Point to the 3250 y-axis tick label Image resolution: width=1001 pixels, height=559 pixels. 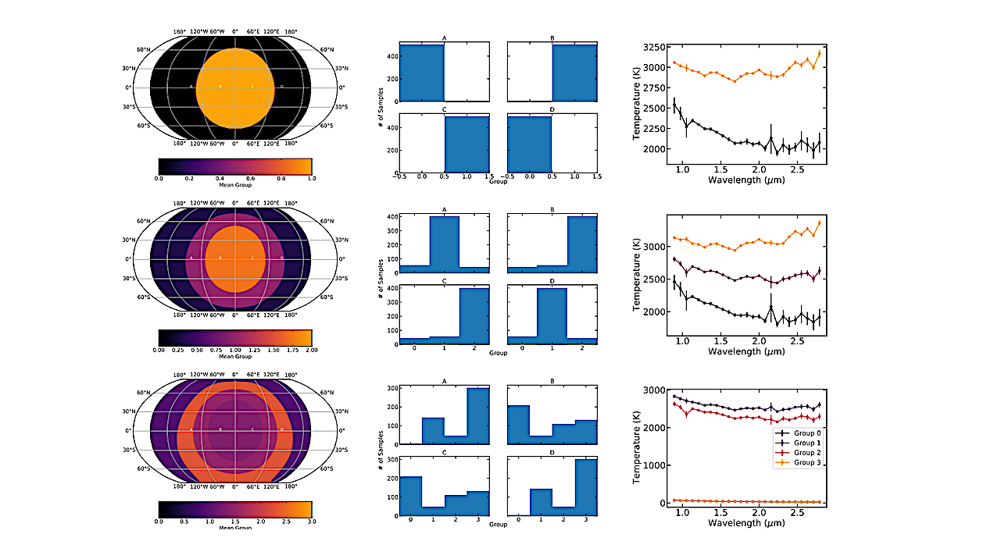click(x=656, y=47)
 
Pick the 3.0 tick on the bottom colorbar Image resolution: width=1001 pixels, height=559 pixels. click(x=311, y=520)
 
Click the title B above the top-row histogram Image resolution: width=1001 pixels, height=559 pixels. click(x=552, y=37)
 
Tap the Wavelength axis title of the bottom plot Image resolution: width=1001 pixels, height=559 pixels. click(x=745, y=522)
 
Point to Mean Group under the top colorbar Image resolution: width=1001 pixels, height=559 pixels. click(x=235, y=186)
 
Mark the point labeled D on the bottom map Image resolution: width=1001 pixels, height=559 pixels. click(x=281, y=429)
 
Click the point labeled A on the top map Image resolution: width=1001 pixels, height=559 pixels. click(x=191, y=87)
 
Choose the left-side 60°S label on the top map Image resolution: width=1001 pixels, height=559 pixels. click(x=143, y=126)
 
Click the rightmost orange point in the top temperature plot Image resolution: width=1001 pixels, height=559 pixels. click(x=819, y=53)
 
